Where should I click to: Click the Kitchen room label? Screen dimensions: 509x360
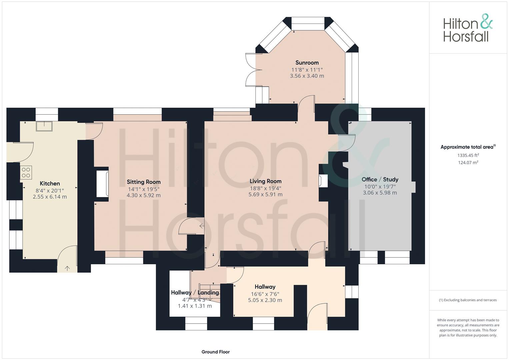[x=50, y=183]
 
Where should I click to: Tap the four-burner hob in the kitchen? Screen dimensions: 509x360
[x=26, y=173]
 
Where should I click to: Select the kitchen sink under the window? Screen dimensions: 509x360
[x=44, y=126]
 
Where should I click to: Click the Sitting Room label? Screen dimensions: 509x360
[x=144, y=182]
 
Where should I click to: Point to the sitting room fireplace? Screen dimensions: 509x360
[x=102, y=184]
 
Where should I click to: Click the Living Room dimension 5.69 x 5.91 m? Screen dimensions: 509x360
[x=265, y=195]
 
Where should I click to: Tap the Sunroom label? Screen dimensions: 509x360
[x=307, y=63]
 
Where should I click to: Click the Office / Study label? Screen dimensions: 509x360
[x=380, y=179]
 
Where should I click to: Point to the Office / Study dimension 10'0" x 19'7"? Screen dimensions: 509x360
[x=380, y=187]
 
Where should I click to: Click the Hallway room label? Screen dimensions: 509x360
[x=265, y=287]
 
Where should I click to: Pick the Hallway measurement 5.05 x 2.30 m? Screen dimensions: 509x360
[x=265, y=300]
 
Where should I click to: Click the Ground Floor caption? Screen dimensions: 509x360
[x=216, y=352]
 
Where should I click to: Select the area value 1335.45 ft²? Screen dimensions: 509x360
[x=468, y=155]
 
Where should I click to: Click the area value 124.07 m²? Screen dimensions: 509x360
[x=468, y=163]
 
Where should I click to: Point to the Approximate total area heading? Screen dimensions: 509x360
[x=468, y=147]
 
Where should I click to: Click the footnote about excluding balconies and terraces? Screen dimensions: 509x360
[x=468, y=300]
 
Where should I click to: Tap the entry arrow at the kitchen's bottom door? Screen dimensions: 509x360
[x=67, y=268]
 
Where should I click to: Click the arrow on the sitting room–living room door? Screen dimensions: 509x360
[x=202, y=226]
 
